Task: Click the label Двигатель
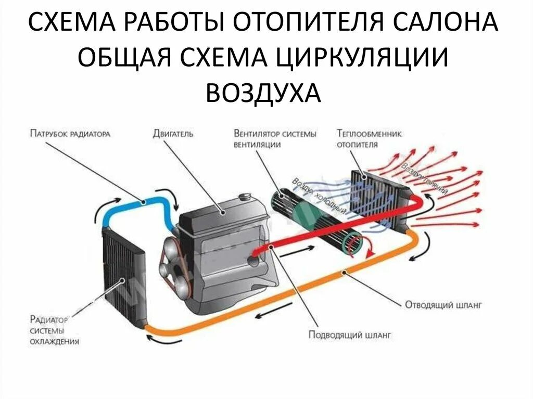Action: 173,134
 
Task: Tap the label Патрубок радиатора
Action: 70,134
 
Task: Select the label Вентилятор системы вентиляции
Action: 275,139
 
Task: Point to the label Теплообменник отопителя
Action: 370,138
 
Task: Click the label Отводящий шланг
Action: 443,304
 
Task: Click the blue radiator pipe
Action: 136,200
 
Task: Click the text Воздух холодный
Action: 320,197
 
